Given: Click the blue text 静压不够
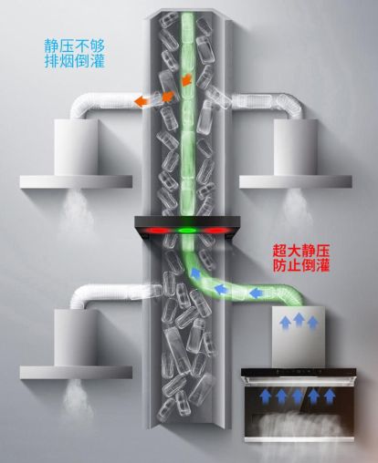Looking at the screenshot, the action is point(75,46).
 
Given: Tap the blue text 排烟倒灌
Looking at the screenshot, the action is point(75,61).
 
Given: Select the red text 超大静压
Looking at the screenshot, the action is point(301,251).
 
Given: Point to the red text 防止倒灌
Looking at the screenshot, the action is point(301,266).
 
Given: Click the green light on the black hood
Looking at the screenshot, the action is point(187,231).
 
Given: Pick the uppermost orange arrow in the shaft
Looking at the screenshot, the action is point(187,79).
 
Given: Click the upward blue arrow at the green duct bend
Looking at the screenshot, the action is point(194,273).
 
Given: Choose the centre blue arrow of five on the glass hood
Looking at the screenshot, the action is point(297,396).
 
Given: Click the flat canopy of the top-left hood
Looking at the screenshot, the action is point(76,182).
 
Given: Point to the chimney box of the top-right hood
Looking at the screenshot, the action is point(296,147).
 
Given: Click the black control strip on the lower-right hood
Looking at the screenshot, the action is point(299,372).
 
